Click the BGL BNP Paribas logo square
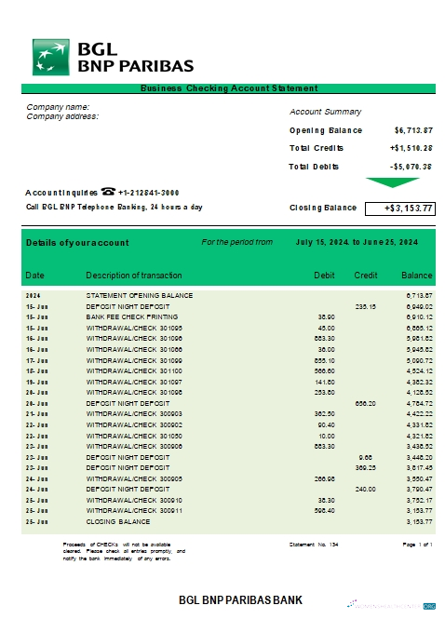click(52, 57)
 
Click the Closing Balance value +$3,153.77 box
click(398, 208)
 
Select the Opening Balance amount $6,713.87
click(412, 130)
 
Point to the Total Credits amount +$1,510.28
click(411, 148)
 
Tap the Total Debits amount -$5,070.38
click(411, 166)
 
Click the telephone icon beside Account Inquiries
click(108, 192)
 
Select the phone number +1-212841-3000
click(149, 192)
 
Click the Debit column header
click(324, 276)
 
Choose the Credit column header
click(365, 276)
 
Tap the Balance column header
click(416, 276)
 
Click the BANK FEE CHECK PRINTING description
click(128, 316)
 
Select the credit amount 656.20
click(364, 403)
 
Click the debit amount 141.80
click(325, 382)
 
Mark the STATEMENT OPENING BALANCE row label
click(139, 295)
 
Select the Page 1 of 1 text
click(417, 543)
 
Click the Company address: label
click(62, 116)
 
